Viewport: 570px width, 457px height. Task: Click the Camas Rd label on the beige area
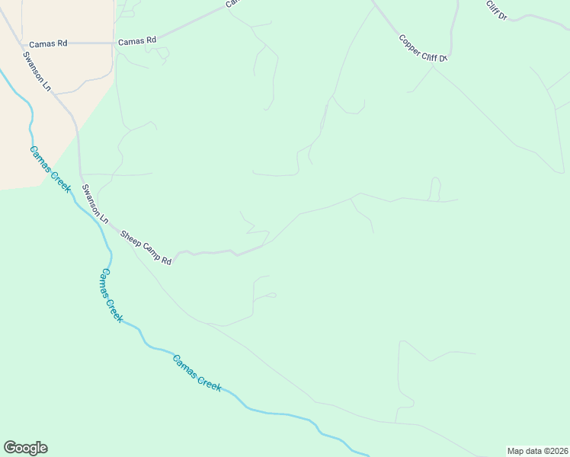pyautogui.click(x=48, y=43)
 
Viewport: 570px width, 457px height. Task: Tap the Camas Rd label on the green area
pyautogui.click(x=137, y=40)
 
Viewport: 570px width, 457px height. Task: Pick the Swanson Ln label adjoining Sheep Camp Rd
pyautogui.click(x=96, y=203)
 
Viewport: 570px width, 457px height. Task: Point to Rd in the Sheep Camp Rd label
pyautogui.click(x=166, y=260)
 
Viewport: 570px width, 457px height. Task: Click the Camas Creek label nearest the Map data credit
pyautogui.click(x=197, y=373)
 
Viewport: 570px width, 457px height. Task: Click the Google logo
pyautogui.click(x=25, y=448)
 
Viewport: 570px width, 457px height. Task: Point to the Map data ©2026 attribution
pyautogui.click(x=537, y=450)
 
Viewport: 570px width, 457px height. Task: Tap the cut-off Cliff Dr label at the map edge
pyautogui.click(x=497, y=9)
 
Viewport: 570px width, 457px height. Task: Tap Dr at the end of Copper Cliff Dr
pyautogui.click(x=442, y=58)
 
